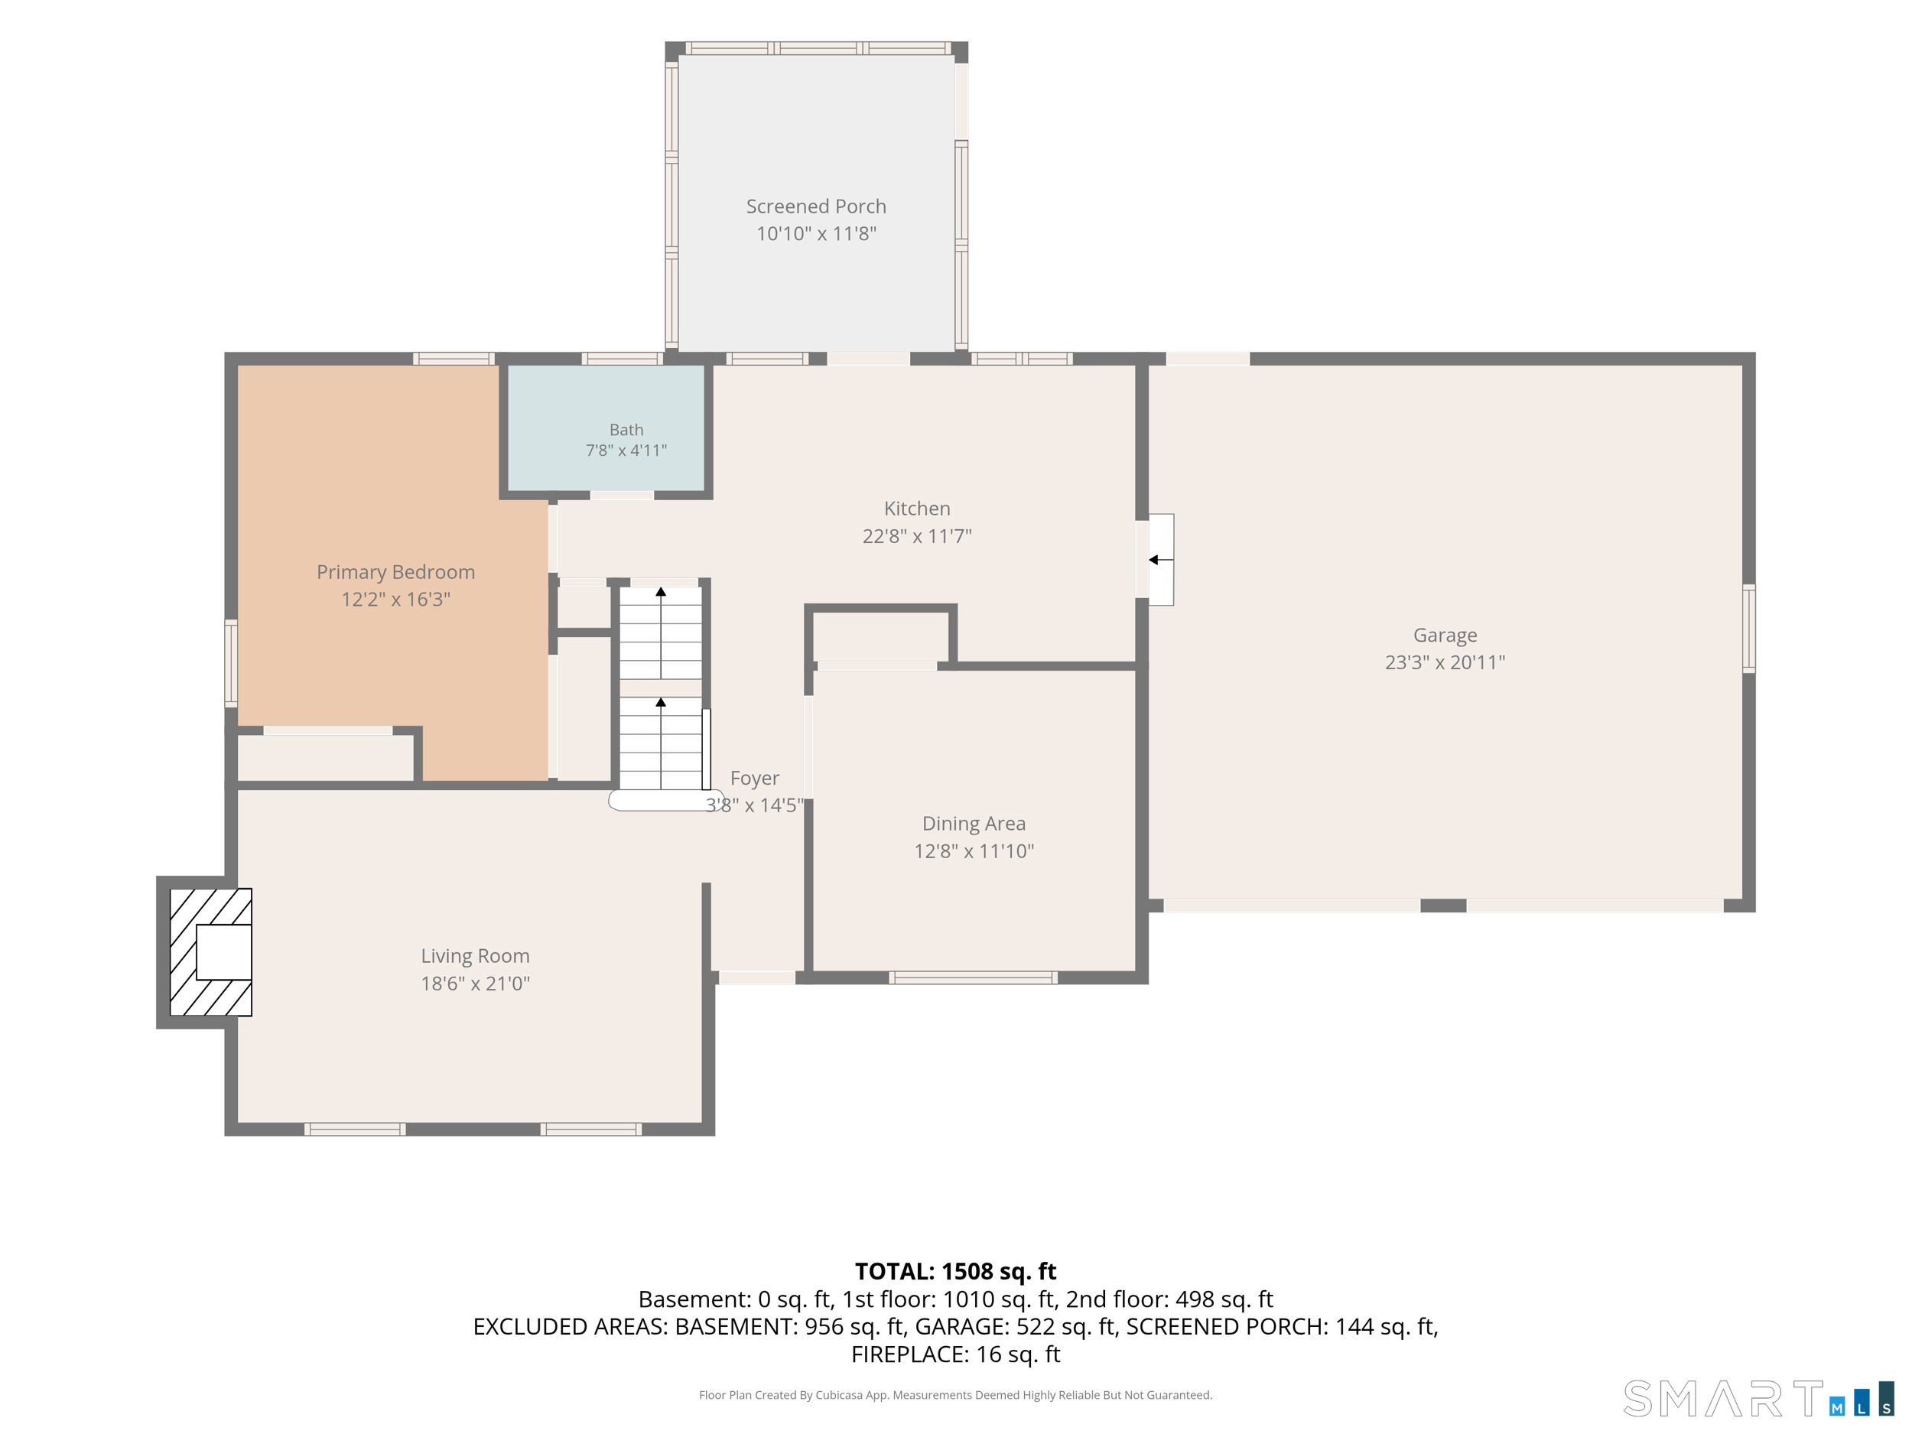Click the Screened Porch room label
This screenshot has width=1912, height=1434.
[816, 206]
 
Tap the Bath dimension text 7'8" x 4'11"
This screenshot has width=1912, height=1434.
[626, 450]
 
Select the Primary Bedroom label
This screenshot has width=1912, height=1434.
[396, 572]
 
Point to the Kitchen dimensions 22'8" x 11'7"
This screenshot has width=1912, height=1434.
[917, 536]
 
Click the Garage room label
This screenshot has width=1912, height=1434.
[1445, 636]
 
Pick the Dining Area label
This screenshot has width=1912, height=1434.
[974, 824]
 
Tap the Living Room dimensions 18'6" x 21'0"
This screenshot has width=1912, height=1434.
[476, 983]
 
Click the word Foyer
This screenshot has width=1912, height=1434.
[755, 779]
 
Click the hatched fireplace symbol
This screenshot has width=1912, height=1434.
[211, 951]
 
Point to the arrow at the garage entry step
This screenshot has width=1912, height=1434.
[1160, 560]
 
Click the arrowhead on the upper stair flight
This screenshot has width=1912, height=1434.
[662, 592]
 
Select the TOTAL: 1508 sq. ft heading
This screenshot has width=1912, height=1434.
[956, 1272]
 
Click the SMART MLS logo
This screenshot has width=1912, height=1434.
[1758, 1399]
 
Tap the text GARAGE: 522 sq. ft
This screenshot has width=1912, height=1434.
[1017, 1327]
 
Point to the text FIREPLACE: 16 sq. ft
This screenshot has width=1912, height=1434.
[956, 1354]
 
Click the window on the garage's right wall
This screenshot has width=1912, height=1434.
[1748, 629]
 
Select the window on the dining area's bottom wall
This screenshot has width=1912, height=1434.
[974, 977]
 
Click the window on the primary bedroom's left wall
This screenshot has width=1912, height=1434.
[231, 663]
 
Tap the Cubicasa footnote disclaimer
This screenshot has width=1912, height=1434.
[956, 1395]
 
